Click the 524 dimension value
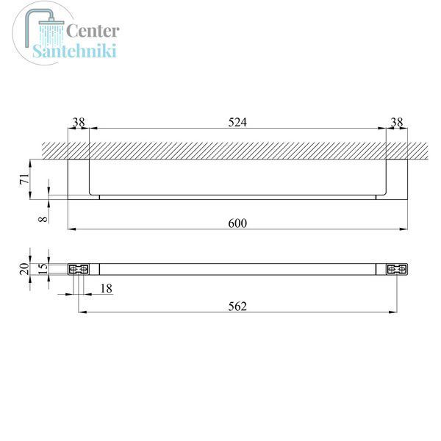[x=237, y=122]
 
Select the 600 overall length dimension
[x=237, y=223]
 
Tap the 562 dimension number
[x=237, y=306]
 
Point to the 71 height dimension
[x=25, y=179]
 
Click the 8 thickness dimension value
[x=43, y=218]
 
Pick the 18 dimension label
[x=106, y=289]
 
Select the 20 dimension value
[x=25, y=269]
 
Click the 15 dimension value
[x=43, y=269]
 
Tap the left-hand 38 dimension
[x=79, y=122]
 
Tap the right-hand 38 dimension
[x=397, y=122]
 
